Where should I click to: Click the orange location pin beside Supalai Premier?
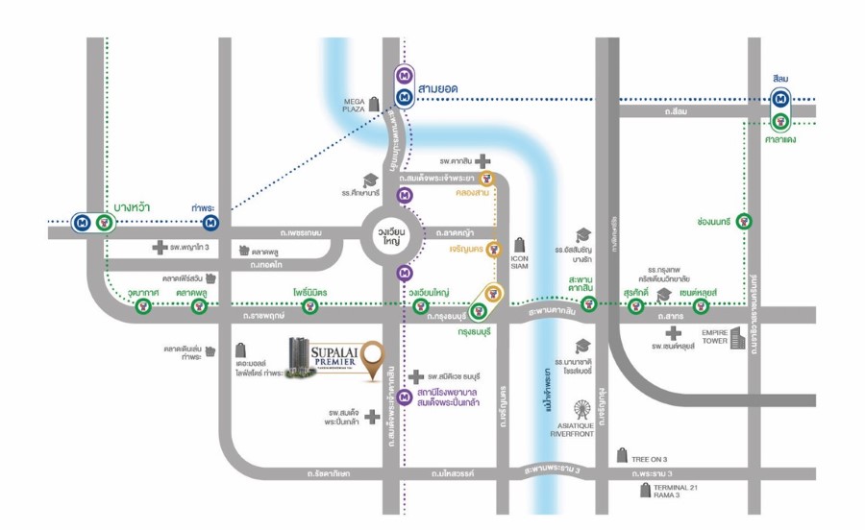pos(368,356)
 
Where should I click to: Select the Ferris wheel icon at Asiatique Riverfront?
pos(581,410)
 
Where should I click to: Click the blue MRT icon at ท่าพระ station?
pos(210,224)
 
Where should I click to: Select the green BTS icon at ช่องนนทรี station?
pos(744,221)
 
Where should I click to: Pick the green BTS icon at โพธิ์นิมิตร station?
pos(309,306)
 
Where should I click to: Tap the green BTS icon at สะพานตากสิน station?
pos(588,305)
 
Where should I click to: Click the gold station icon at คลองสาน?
pos(487,178)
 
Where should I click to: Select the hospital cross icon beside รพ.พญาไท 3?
pos(160,248)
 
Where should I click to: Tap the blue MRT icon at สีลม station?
pos(781,98)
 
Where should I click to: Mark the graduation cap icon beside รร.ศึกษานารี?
pos(369,181)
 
